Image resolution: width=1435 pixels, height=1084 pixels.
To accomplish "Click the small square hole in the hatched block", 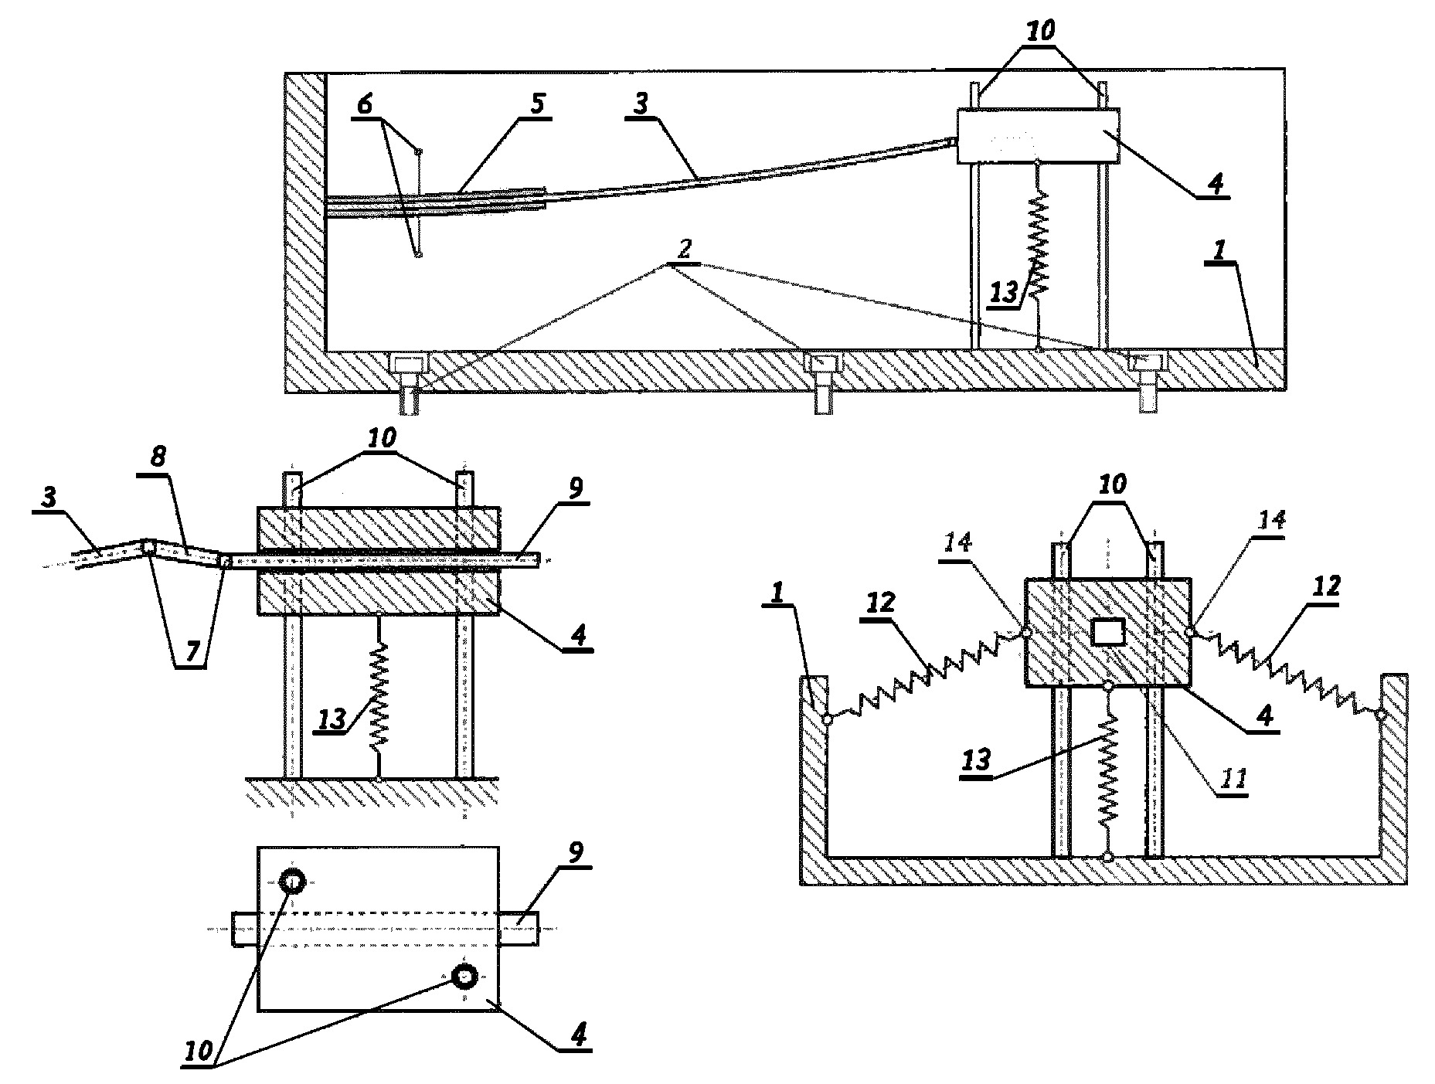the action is pos(1107,633).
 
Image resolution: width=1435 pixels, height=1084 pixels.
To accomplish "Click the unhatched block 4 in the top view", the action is pos(1038,135).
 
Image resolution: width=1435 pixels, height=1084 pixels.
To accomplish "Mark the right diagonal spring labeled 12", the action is pos(1286,673).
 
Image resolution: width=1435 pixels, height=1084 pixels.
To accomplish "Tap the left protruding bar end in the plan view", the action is pos(245,929).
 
